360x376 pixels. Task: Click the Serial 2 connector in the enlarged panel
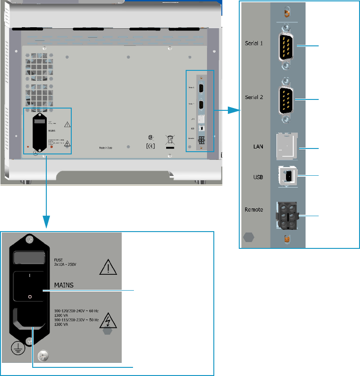(286, 99)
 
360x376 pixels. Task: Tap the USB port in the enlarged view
(288, 176)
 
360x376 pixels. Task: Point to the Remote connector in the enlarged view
(286, 217)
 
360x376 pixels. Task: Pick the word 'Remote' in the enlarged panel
(255, 210)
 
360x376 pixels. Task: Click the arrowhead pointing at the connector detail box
(233, 110)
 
